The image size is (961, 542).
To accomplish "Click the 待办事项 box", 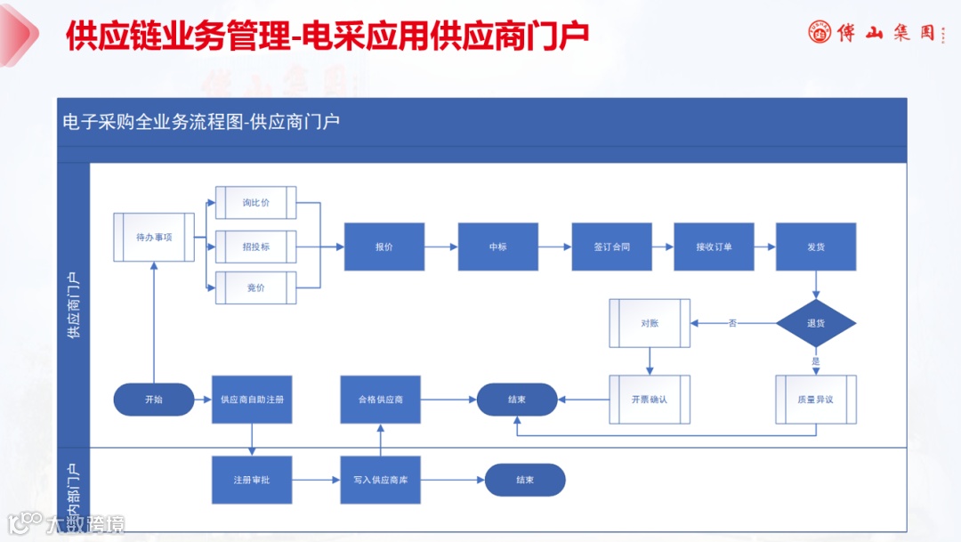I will (154, 238).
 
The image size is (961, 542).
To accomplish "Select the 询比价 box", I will (256, 203).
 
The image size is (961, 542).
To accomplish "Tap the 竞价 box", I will (256, 287).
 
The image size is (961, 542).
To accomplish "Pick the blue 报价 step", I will (384, 247).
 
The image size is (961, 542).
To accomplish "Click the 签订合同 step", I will (611, 247).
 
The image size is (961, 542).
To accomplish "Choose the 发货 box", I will (816, 247).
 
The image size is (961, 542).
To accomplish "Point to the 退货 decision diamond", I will (816, 323).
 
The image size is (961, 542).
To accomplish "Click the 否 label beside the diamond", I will (732, 323).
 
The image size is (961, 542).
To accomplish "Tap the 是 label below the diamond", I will (816, 361).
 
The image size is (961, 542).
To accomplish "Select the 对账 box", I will (650, 323).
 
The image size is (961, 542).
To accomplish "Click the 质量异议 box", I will (816, 400).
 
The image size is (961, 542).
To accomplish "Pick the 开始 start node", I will (154, 400).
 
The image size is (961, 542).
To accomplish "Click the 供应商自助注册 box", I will (253, 400).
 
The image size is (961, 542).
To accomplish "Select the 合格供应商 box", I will (380, 400).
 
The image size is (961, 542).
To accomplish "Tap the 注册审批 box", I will (252, 481).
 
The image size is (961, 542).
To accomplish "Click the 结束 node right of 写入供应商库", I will (525, 481).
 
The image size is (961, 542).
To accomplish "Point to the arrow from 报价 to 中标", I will (441, 247).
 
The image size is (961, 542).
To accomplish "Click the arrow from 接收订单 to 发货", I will (764, 247).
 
